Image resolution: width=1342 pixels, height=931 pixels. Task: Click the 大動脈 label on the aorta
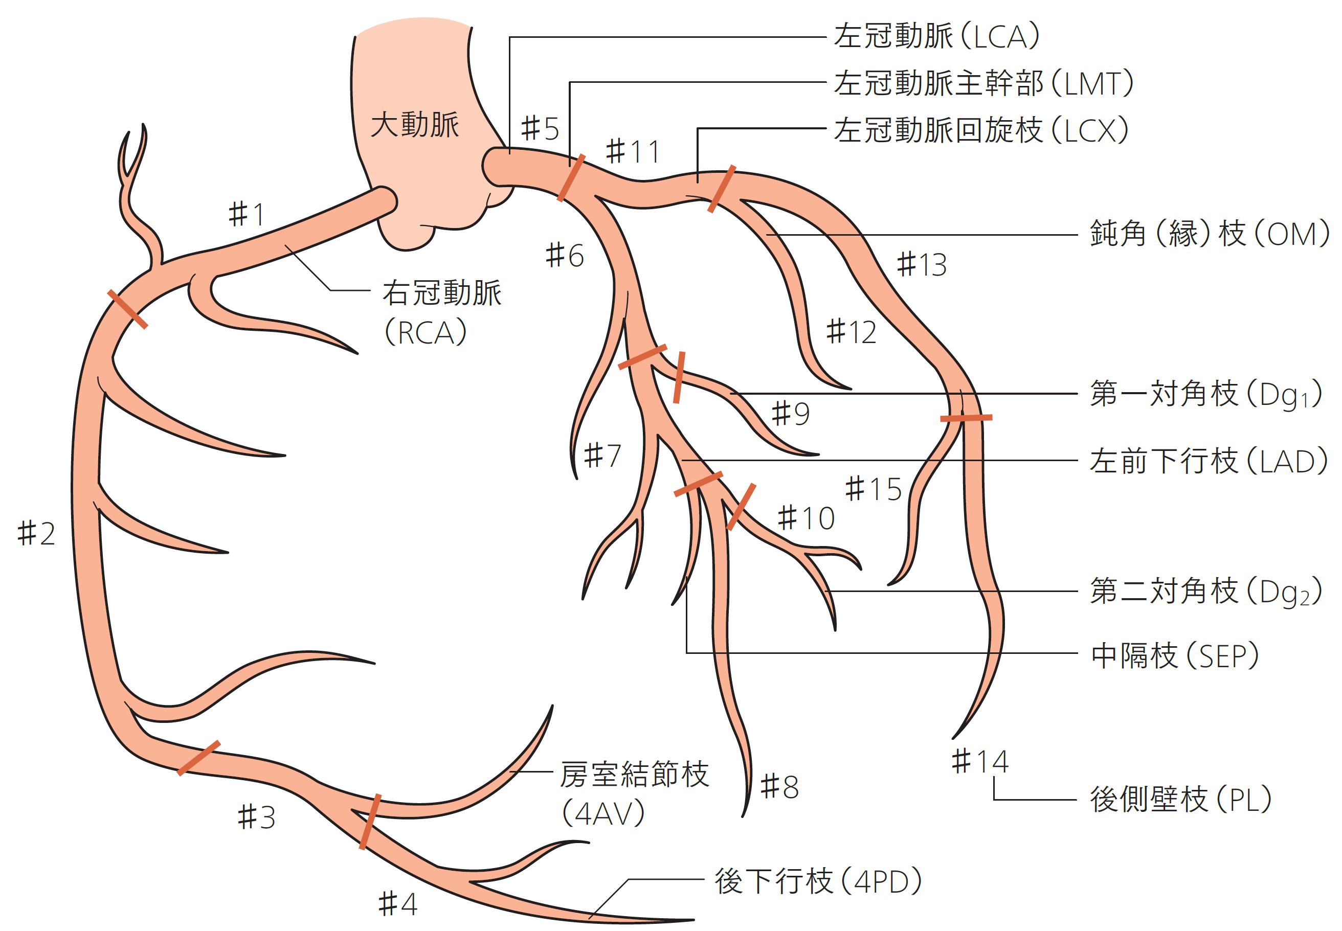coord(415,125)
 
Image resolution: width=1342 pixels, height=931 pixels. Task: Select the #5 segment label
coord(540,128)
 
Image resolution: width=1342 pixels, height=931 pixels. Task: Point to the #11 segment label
coord(633,152)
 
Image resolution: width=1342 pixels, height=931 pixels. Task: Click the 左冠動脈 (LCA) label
coord(937,36)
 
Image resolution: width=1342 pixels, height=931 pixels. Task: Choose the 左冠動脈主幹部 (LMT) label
coord(983,83)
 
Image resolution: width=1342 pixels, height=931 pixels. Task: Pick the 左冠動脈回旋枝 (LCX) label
coord(980,130)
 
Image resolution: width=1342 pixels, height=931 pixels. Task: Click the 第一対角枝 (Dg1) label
coord(1205,394)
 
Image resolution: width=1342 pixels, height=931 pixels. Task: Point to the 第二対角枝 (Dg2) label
coord(1205,592)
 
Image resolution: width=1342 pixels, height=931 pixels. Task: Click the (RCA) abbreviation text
coord(426,333)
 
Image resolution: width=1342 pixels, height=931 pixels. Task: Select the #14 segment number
coord(980,761)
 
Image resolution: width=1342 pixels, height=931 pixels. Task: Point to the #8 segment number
coord(779,787)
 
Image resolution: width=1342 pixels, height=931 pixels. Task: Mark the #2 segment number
coord(36,533)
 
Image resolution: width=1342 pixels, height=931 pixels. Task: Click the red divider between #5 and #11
coord(570,178)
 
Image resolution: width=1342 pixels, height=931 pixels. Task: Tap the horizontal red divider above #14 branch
coord(966,418)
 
